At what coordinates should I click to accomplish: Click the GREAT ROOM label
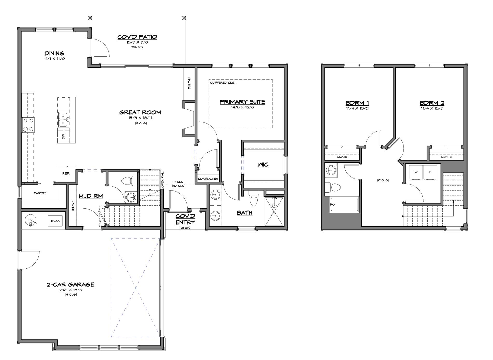pos(140,112)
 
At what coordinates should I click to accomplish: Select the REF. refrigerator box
pos(66,173)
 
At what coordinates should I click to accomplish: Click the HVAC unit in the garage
pos(55,221)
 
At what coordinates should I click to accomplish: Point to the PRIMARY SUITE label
pos(243,102)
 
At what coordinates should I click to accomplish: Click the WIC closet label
pos(263,165)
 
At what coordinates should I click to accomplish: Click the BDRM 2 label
pos(432,103)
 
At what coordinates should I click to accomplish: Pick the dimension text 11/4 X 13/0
pos(357,108)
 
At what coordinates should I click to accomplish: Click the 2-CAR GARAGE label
pos(70,284)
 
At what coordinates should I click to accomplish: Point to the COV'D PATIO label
pos(137,37)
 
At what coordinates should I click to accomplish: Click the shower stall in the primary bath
pos(274,211)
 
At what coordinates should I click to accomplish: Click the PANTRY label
pos(40,193)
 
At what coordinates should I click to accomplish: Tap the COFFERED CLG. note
pos(223,83)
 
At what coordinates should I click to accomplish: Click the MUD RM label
pos(91,196)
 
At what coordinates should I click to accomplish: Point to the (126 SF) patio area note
pos(137,47)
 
